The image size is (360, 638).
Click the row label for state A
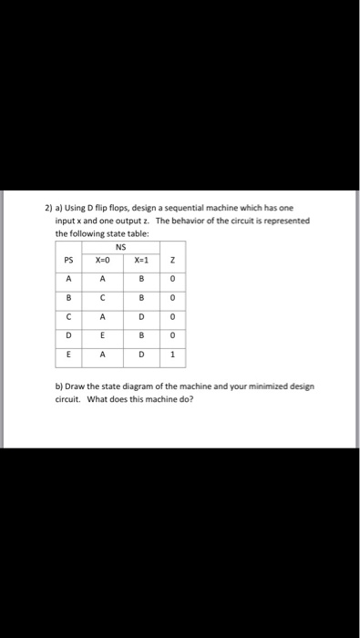point(67,281)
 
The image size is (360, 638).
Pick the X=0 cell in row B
point(104,300)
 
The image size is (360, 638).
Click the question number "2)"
point(49,210)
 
